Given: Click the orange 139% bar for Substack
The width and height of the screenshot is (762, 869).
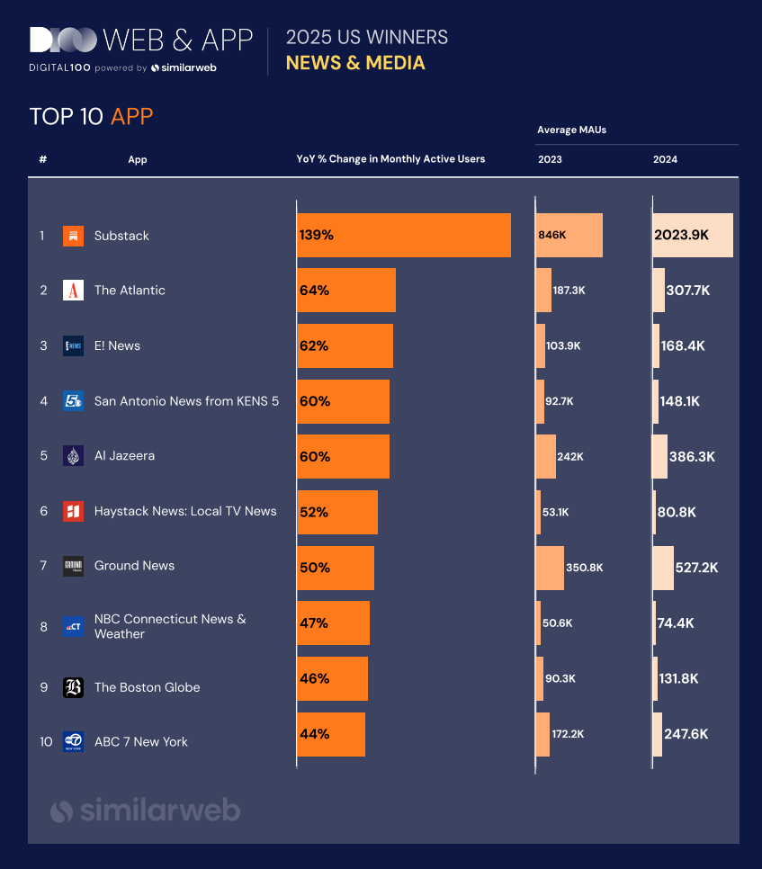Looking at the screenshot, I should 403,236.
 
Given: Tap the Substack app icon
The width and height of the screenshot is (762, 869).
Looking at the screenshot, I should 73,236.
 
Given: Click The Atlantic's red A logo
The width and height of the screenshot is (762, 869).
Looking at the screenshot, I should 73,291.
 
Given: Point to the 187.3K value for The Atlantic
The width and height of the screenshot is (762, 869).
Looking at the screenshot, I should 569,291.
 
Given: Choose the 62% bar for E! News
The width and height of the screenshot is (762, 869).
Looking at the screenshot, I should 345,346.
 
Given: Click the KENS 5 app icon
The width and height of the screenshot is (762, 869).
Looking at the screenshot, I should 73,401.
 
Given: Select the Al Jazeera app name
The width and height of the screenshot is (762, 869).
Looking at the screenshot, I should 124,456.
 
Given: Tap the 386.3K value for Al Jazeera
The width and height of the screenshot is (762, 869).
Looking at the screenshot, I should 692,457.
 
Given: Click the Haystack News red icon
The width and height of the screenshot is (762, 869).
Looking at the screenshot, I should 73,511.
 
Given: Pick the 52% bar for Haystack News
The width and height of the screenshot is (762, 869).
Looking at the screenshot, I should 336,513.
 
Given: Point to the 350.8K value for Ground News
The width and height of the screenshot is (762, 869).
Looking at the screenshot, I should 584,568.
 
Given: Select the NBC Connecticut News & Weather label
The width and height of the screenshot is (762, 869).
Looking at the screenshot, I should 170,626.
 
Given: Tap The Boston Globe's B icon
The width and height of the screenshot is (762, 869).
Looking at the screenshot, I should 73,687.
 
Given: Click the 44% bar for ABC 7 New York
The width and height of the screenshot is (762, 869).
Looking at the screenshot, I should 330,734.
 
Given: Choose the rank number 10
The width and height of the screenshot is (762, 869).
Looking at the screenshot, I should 45,742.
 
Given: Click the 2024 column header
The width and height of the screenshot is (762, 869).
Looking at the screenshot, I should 665,159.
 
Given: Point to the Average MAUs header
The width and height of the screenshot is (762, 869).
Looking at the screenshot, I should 571,130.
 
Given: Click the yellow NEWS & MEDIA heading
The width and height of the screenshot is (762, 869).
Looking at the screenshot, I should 355,63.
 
